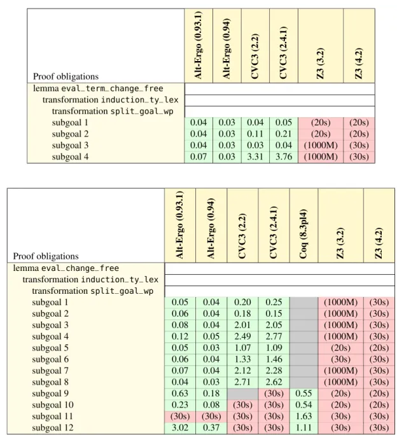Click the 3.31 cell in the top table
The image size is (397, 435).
(255, 156)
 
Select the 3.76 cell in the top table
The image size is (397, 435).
(284, 156)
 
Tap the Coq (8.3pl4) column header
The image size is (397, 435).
(303, 225)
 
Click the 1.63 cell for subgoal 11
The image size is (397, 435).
(303, 417)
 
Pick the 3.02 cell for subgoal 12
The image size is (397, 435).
(180, 428)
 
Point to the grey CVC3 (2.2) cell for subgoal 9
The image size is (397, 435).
(242, 394)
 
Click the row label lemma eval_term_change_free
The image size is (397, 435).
(98, 88)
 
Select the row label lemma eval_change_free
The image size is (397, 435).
(66, 268)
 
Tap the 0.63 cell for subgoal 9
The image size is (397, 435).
(180, 394)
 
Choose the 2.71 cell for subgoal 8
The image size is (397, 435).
(242, 382)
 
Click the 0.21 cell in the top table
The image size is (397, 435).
(284, 134)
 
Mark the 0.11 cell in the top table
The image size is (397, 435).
(255, 134)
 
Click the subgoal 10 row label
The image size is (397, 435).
(53, 405)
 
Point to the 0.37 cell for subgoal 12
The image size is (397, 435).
(211, 428)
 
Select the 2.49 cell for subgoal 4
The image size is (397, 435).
(242, 336)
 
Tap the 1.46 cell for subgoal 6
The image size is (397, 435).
(274, 359)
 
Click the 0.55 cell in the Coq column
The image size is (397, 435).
(303, 394)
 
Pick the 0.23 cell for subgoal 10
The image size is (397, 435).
(180, 405)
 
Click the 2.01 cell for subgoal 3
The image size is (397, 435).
(242, 325)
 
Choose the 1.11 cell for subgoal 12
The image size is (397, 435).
(303, 428)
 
